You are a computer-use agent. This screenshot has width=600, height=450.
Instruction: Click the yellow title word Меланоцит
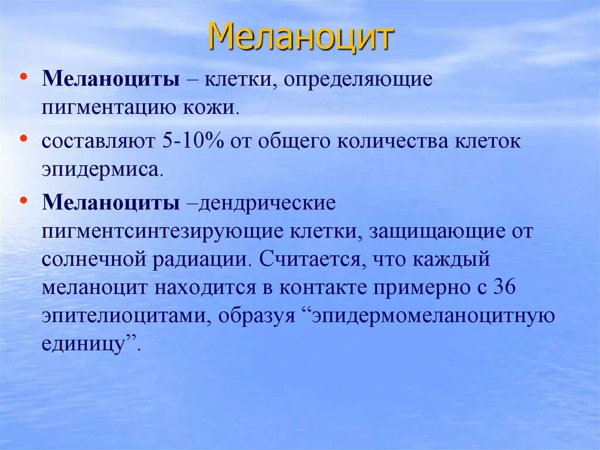point(301,38)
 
